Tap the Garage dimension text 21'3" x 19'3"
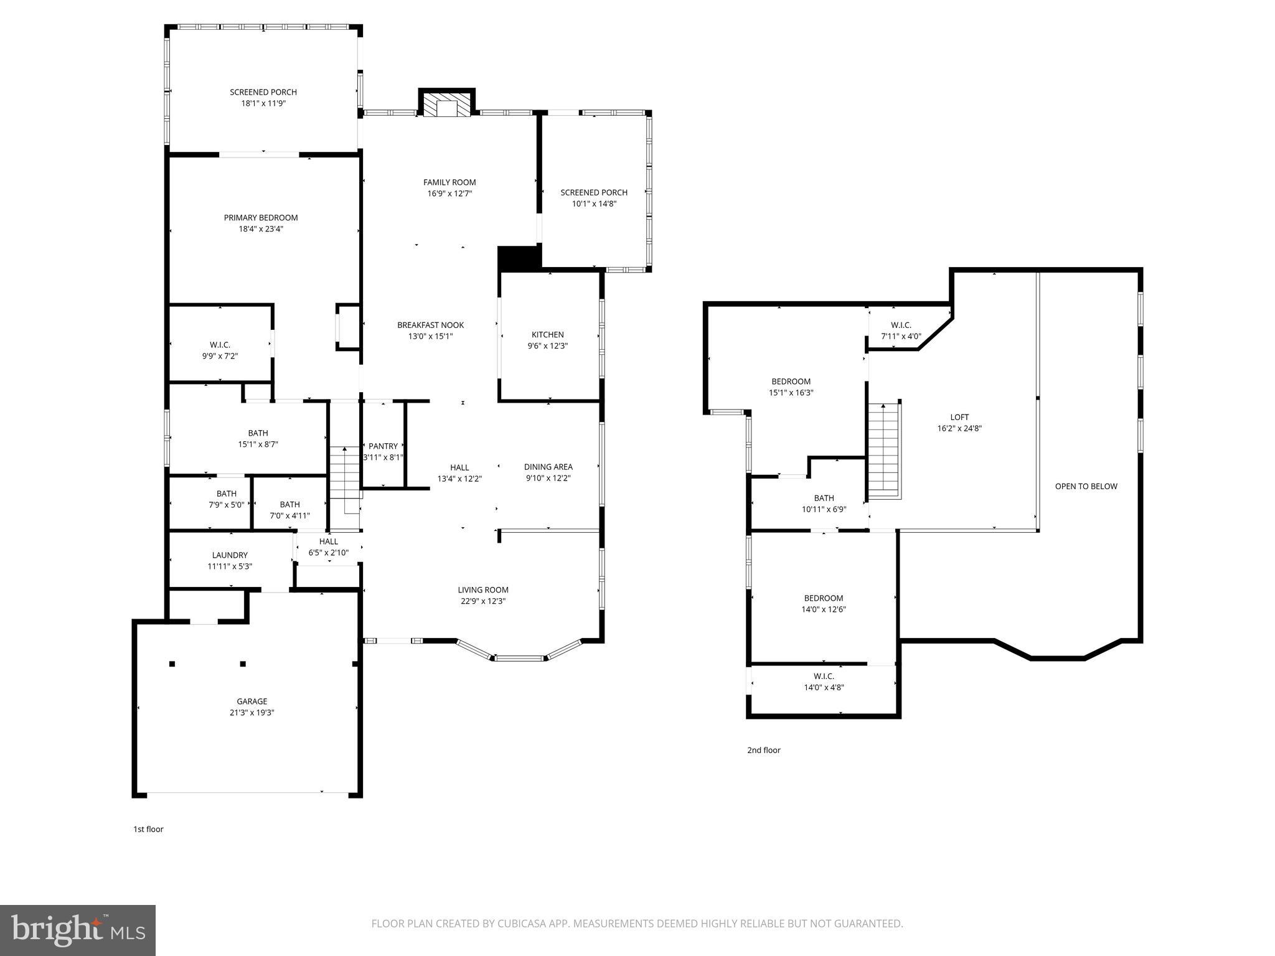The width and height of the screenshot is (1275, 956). click(252, 713)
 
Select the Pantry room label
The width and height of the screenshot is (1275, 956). click(383, 446)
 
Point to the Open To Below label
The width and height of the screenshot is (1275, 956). click(1086, 487)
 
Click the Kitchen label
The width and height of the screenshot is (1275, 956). click(547, 335)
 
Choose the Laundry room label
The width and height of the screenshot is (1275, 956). click(230, 555)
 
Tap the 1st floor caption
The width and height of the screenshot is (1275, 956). click(148, 829)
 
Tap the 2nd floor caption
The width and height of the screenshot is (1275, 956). click(763, 750)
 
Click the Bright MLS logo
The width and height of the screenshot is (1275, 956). click(78, 930)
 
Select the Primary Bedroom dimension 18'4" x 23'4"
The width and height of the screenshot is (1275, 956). click(261, 229)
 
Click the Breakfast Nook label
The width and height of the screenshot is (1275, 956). click(431, 325)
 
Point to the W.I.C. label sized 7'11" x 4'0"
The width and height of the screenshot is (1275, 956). click(901, 326)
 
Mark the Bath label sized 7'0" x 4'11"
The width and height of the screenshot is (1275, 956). click(289, 505)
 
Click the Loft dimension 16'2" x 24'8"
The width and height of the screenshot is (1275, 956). click(959, 428)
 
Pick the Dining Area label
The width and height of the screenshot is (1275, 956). click(548, 467)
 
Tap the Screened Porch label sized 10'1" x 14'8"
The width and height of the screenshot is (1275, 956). click(594, 193)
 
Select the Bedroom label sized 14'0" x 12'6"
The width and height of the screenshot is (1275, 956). click(823, 598)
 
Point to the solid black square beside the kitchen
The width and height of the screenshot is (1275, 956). click(518, 258)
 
